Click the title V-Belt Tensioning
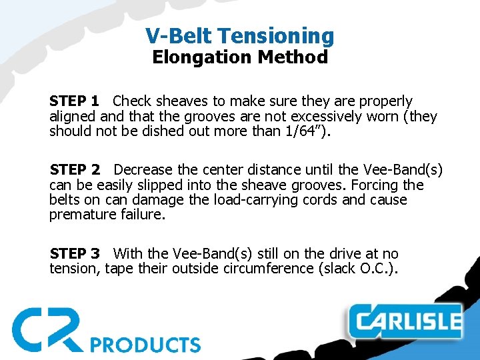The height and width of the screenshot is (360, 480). coord(240,35)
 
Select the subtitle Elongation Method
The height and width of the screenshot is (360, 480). coord(240,57)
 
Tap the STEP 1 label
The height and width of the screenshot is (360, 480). coord(74,101)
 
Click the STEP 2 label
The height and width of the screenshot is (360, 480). coord(75,170)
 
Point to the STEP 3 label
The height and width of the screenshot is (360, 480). coord(75,254)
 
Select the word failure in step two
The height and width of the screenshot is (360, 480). coord(143,215)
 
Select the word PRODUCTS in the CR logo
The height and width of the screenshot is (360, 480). coord(145,345)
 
